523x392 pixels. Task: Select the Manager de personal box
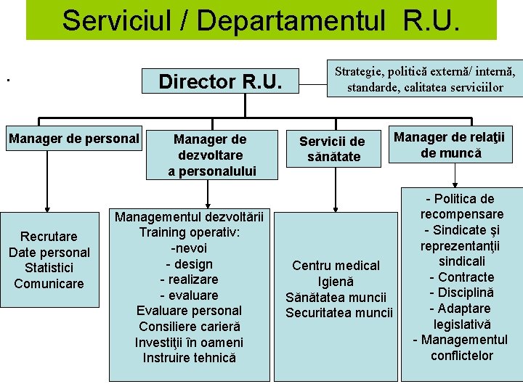point(73,138)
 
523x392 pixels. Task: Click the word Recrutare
point(49,237)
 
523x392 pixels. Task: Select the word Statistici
point(49,268)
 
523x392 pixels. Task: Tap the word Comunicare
point(49,283)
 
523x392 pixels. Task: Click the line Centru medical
point(336,266)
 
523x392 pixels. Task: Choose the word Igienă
point(336,282)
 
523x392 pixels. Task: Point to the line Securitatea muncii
point(338,313)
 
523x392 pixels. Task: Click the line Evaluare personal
point(189,311)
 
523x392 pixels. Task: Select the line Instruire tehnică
point(189,357)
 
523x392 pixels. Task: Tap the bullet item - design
point(189,264)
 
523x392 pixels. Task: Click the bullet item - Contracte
point(461,277)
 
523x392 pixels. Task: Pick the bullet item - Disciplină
point(461,293)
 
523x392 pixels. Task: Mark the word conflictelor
point(461,356)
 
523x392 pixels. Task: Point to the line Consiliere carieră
point(189,327)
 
